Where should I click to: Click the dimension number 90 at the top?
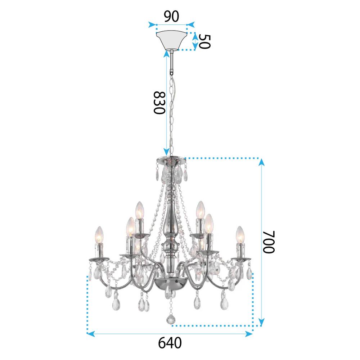pyautogui.click(x=171, y=17)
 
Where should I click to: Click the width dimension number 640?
pyautogui.click(x=170, y=343)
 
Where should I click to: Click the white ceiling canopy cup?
pyautogui.click(x=172, y=40)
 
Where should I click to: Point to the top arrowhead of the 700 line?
pyautogui.click(x=262, y=162)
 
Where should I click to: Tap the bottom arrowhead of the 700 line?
pyautogui.click(x=262, y=321)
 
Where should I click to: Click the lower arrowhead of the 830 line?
pyautogui.click(x=166, y=152)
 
